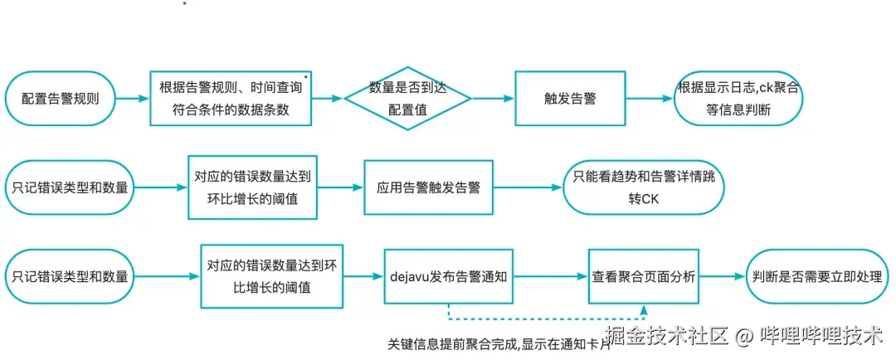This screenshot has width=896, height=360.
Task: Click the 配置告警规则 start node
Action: click(x=61, y=98)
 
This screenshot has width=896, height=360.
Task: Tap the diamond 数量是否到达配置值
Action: click(x=407, y=98)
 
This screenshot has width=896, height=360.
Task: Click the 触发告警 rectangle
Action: click(x=569, y=98)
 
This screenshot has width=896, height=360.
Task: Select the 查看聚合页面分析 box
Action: click(x=644, y=276)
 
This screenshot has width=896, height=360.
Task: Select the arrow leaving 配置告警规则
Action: click(x=133, y=98)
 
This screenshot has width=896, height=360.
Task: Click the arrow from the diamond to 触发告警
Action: click(x=493, y=98)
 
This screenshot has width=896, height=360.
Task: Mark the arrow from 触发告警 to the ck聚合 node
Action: click(x=648, y=98)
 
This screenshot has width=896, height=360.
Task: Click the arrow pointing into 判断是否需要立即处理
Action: click(x=722, y=276)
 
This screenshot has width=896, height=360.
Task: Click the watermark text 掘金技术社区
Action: click(x=667, y=336)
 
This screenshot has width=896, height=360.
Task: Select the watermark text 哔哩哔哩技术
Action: click(x=821, y=336)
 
